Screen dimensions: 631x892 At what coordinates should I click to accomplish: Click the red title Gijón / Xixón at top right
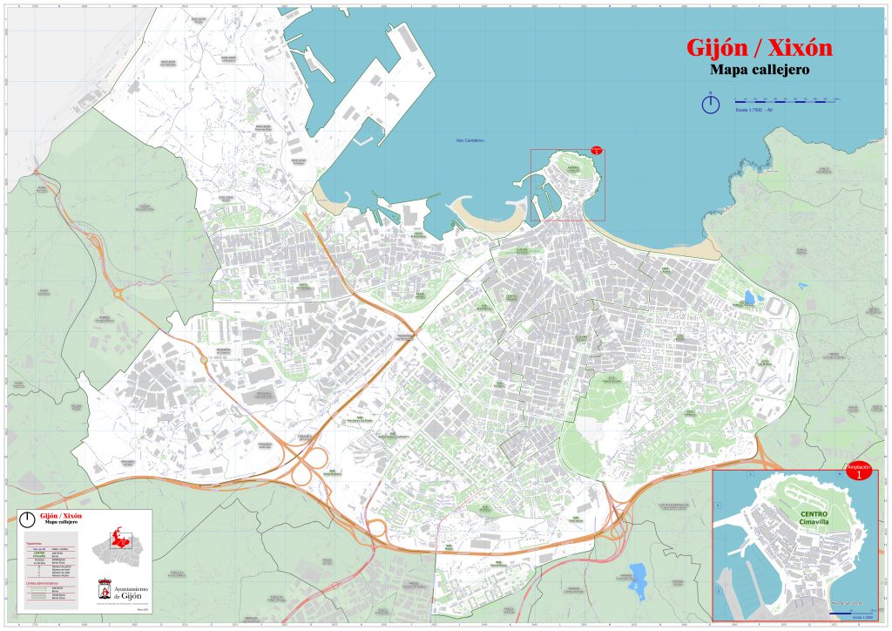coord(759,48)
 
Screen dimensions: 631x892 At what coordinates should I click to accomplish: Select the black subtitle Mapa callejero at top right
coord(759,71)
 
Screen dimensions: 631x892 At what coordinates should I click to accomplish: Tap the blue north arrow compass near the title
coord(711,104)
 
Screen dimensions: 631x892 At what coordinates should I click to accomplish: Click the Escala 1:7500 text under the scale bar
coord(754,111)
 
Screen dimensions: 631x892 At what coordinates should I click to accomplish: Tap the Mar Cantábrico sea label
coord(470,140)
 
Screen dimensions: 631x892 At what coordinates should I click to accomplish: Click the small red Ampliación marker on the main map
coord(596,150)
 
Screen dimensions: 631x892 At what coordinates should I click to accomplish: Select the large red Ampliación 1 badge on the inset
coord(858,472)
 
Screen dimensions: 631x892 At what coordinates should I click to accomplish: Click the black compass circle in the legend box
coord(28,518)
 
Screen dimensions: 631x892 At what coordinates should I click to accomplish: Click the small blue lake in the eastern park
coord(749,298)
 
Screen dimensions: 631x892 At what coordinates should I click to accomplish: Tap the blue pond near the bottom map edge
coord(637,575)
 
